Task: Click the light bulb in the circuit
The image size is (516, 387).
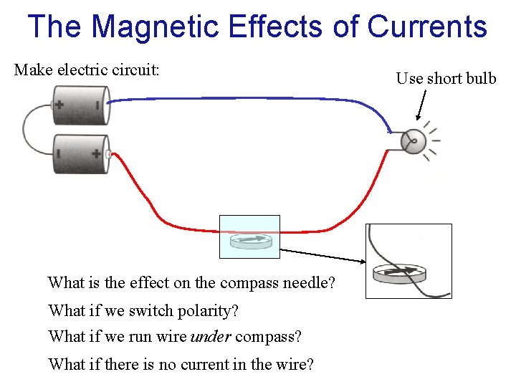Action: [413, 142]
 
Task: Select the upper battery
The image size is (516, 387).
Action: [80, 105]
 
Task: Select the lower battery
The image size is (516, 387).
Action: [80, 154]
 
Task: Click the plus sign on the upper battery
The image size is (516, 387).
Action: [59, 105]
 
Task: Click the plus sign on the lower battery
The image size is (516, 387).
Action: [96, 153]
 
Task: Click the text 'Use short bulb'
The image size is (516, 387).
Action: [446, 78]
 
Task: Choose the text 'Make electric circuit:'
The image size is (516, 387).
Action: [87, 70]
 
